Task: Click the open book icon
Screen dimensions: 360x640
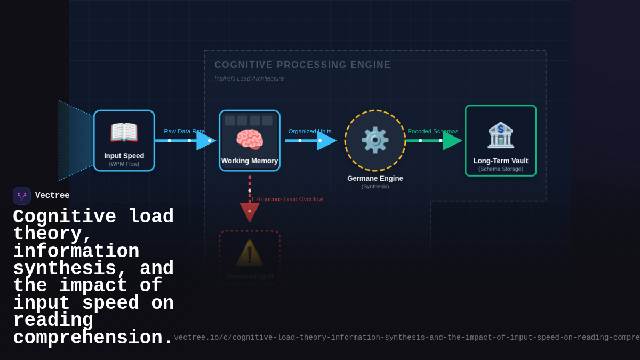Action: pos(124,132)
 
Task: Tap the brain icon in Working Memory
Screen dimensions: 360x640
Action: pos(250,140)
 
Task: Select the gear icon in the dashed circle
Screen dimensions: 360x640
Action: pos(375,140)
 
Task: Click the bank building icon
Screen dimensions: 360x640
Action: pos(501,135)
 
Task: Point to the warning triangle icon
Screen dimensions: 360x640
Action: pos(250,253)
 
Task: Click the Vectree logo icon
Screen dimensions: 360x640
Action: pos(22,196)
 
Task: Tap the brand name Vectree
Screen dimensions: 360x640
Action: pos(52,196)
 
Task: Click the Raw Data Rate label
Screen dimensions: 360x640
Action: pos(184,131)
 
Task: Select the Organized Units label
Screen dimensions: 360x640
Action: pos(310,131)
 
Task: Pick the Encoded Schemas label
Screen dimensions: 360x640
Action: pos(433,131)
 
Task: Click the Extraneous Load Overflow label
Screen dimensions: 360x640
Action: pos(287,199)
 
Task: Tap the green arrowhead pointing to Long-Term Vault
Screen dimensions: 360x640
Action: pos(452,141)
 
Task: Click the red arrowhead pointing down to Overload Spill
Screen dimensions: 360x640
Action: pos(250,212)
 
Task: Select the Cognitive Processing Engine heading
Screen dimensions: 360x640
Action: pos(302,65)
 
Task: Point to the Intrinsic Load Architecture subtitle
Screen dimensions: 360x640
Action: pos(249,78)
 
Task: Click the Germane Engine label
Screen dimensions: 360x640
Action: pos(375,179)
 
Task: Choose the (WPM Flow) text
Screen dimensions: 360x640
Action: pos(124,164)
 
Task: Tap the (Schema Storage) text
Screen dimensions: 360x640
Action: pos(501,169)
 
